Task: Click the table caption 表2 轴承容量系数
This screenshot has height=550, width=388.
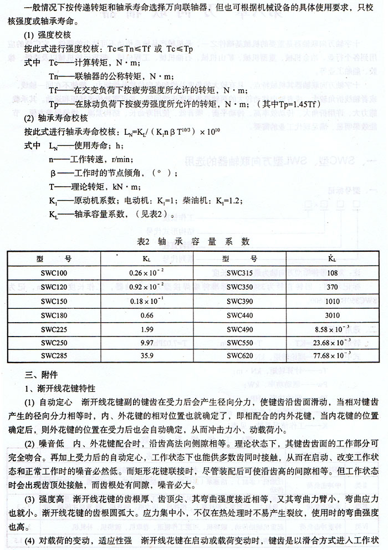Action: [193, 241]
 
